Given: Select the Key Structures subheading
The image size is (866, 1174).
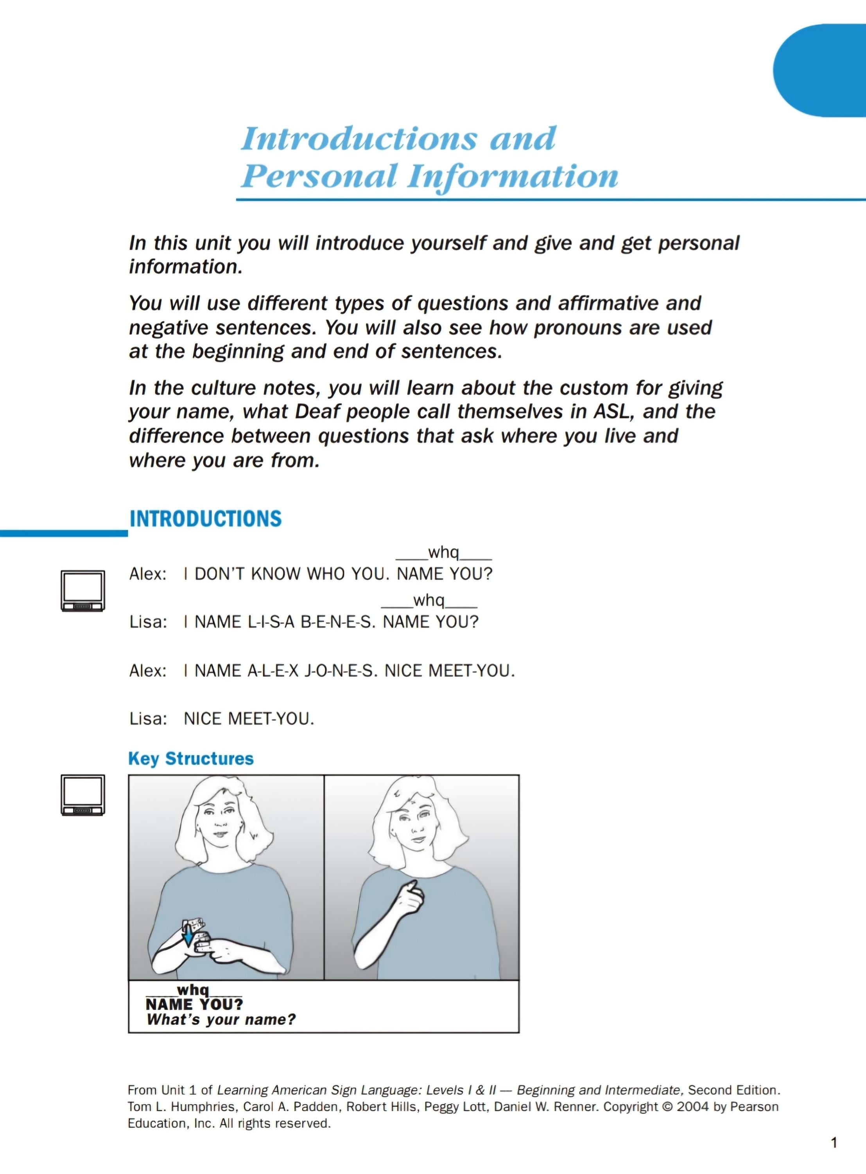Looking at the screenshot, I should tap(191, 758).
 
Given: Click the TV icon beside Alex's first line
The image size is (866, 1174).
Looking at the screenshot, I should tap(83, 591).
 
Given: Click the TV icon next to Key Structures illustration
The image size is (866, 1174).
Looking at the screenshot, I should tap(83, 795).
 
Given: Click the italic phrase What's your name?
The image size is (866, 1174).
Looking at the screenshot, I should tap(221, 1019).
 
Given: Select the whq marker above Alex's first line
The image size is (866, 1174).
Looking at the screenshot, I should tap(443, 553).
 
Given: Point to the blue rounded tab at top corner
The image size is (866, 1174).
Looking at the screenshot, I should tap(820, 70).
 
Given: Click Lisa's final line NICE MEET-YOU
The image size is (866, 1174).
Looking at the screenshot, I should tap(249, 718).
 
